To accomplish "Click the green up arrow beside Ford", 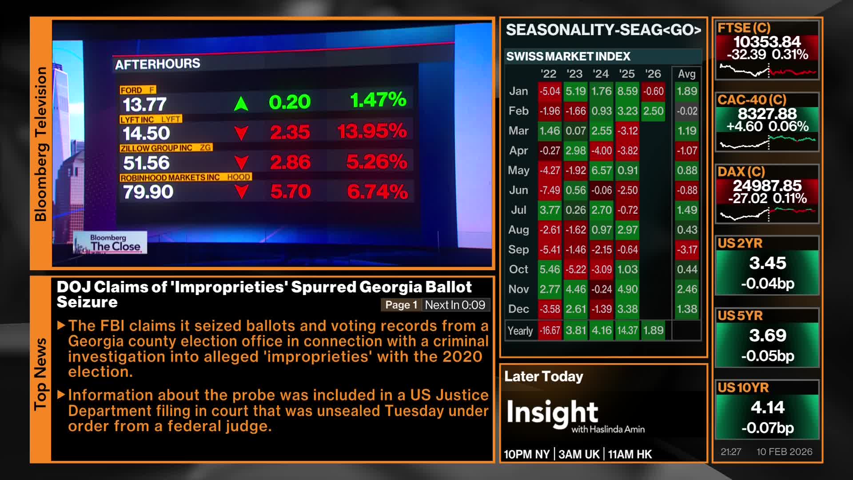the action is tap(241, 104).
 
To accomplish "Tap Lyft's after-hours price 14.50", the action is tap(146, 133).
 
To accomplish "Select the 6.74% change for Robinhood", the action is tap(377, 192).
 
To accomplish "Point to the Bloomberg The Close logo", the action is tap(110, 243).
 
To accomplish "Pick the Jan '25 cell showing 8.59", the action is tap(627, 91).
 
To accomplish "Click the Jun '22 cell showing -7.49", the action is tap(550, 190).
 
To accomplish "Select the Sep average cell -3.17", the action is tap(687, 250).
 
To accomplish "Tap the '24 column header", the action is tap(601, 74).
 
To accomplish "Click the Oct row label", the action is tap(518, 269).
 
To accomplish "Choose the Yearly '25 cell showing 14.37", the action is tap(627, 331).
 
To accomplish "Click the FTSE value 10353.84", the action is tap(767, 42).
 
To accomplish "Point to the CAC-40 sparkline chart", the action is tap(768, 142).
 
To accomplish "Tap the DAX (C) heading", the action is tap(741, 172).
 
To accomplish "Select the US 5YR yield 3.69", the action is tap(768, 335).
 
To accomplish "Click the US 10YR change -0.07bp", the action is tap(768, 428).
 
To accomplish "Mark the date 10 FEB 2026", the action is tap(785, 452).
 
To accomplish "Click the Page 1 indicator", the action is tap(401, 305).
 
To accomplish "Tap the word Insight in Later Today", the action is tap(552, 412).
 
